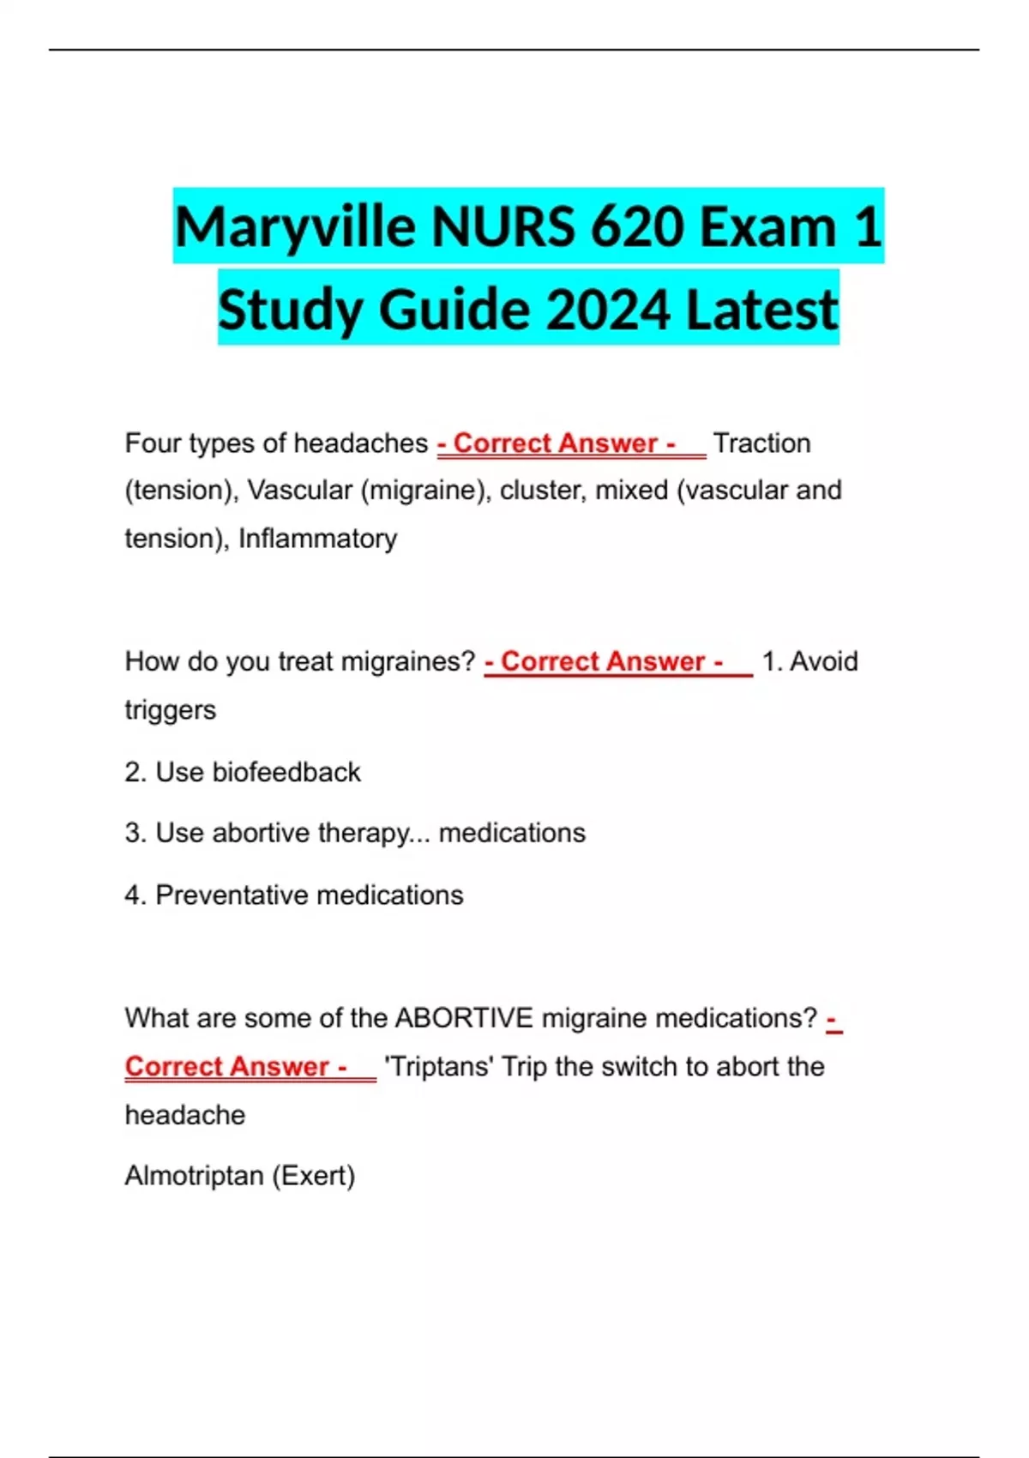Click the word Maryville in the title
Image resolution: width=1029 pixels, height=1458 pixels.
pyautogui.click(x=295, y=228)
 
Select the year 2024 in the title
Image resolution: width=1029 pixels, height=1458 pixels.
pyautogui.click(x=608, y=310)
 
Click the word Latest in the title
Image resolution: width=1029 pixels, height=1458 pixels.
pyautogui.click(x=761, y=310)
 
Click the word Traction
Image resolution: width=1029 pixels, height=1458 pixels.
pyautogui.click(x=761, y=443)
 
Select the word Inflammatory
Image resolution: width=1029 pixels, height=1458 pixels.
pyautogui.click(x=317, y=539)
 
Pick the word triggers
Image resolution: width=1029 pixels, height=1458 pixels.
pyautogui.click(x=170, y=711)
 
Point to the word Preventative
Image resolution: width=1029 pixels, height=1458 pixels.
pyautogui.click(x=230, y=895)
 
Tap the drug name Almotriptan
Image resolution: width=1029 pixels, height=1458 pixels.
pyautogui.click(x=194, y=1176)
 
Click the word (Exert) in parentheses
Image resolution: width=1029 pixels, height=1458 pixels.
pyautogui.click(x=313, y=1176)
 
